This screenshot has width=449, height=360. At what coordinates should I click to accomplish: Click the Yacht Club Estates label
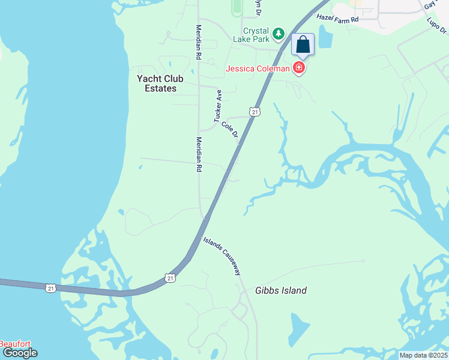click(157, 83)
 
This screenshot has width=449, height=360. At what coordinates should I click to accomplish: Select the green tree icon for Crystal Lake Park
click(278, 34)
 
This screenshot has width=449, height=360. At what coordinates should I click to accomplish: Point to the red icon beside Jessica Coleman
click(299, 68)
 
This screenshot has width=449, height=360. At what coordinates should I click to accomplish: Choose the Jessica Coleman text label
click(259, 68)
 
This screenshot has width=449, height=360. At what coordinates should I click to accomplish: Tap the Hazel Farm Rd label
click(337, 19)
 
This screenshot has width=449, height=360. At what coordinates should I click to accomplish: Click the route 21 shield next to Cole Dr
click(256, 112)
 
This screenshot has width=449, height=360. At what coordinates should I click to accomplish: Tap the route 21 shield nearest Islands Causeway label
click(171, 277)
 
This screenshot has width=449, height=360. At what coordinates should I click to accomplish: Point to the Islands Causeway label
click(222, 255)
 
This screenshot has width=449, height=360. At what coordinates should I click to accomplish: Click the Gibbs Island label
click(282, 291)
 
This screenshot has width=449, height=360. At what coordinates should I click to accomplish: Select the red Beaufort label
click(15, 344)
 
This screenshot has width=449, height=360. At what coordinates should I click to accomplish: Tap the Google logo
click(20, 353)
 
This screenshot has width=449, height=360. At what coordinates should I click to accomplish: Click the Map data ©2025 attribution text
click(423, 355)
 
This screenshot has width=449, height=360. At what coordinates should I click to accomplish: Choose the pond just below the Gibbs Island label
click(300, 328)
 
